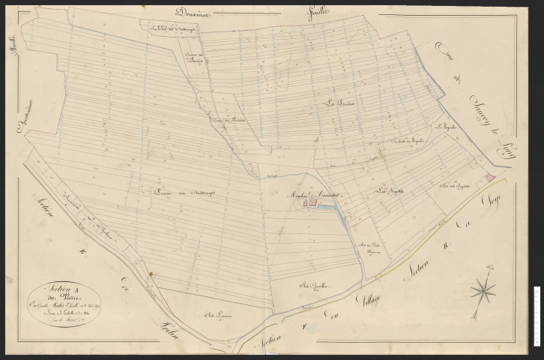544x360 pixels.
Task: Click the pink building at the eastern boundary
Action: tap(489, 176)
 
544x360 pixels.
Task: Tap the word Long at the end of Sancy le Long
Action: tap(501, 149)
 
